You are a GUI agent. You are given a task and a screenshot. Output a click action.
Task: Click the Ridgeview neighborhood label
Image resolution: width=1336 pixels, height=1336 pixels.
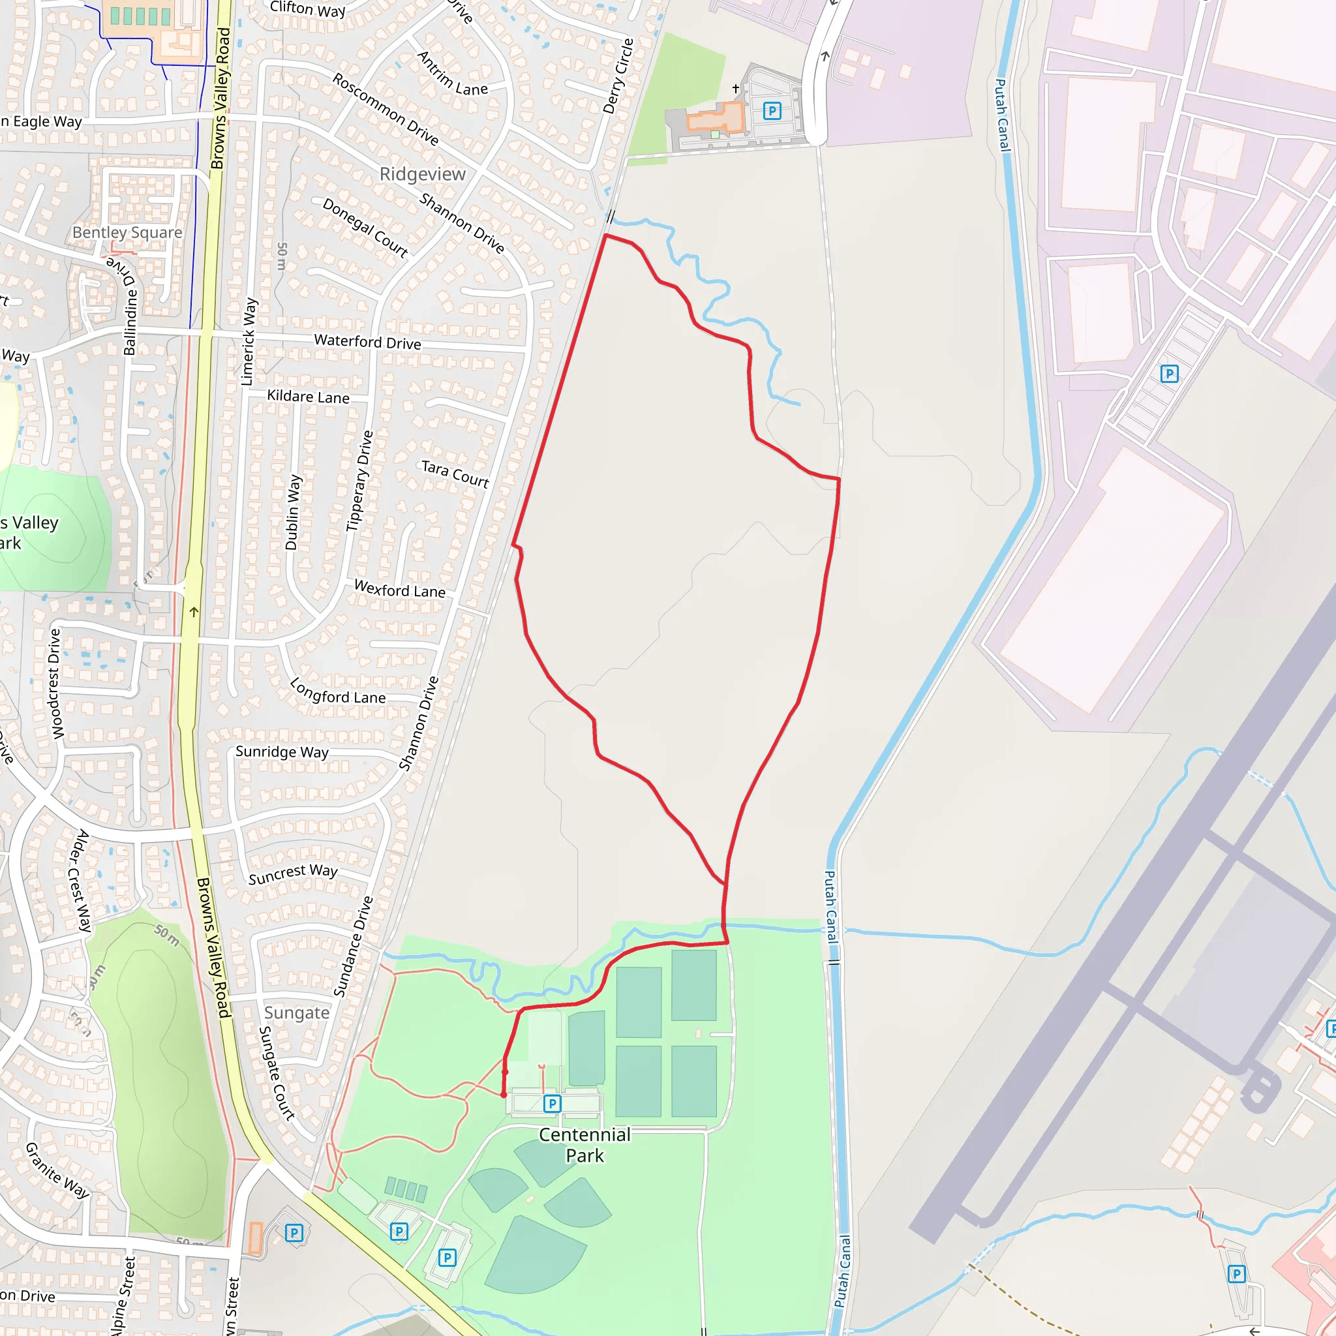pyautogui.click(x=423, y=174)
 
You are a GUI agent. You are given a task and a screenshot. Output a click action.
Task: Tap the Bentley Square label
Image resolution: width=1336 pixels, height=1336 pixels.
pyautogui.click(x=127, y=232)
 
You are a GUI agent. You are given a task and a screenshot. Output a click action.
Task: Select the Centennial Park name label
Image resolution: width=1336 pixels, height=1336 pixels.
pyautogui.click(x=584, y=1144)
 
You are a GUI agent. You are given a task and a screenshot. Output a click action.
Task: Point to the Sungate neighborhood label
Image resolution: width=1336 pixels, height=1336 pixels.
pyautogui.click(x=297, y=1012)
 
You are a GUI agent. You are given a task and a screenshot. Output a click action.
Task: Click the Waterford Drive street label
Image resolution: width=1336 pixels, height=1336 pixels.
pyautogui.click(x=367, y=342)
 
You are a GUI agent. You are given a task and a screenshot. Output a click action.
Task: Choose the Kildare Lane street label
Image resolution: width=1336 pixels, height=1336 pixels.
pyautogui.click(x=309, y=396)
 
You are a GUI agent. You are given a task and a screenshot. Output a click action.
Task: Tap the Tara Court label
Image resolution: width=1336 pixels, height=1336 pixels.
pyautogui.click(x=455, y=474)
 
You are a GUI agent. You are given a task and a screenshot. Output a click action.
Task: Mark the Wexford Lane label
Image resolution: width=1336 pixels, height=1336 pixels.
pyautogui.click(x=400, y=589)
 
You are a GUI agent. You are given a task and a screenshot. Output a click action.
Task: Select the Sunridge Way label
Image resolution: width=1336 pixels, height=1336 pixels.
pyautogui.click(x=282, y=751)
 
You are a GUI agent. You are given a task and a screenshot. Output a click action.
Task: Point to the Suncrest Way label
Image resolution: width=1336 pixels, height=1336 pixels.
pyautogui.click(x=293, y=874)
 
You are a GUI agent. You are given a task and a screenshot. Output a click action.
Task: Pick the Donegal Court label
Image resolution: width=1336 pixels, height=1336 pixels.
pyautogui.click(x=365, y=228)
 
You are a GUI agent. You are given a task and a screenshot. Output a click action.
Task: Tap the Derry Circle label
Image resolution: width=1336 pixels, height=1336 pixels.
pyautogui.click(x=618, y=76)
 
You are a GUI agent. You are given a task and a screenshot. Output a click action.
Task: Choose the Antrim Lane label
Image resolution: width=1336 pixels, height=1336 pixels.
pyautogui.click(x=453, y=74)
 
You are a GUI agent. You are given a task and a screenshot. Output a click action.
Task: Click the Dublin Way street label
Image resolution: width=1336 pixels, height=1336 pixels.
pyautogui.click(x=292, y=511)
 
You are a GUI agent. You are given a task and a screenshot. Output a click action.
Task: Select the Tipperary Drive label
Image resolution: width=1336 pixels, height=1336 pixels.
pyautogui.click(x=359, y=481)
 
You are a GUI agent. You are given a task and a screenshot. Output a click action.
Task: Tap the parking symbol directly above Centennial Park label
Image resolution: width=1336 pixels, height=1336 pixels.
pyautogui.click(x=552, y=1104)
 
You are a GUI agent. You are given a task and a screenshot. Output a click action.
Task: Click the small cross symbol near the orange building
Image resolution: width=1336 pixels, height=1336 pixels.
pyautogui.click(x=736, y=89)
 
